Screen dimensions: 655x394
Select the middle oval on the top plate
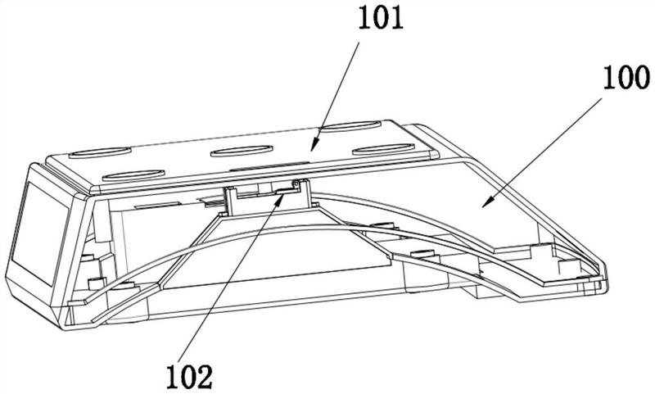click(244, 150)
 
